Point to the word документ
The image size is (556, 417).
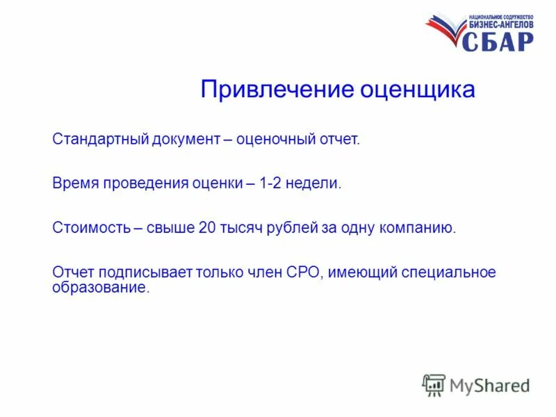click(x=186, y=140)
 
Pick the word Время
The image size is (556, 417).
click(x=74, y=183)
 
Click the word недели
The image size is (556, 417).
click(x=318, y=183)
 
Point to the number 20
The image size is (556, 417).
click(x=207, y=227)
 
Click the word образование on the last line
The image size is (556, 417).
click(x=100, y=287)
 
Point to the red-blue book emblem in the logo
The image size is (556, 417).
click(x=445, y=31)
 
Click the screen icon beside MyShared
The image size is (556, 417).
click(x=434, y=384)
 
